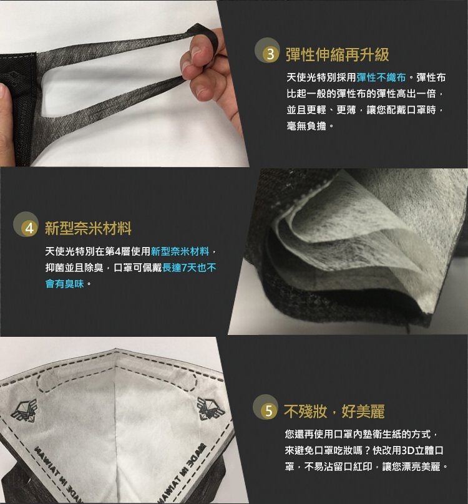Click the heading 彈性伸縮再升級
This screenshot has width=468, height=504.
(338, 54)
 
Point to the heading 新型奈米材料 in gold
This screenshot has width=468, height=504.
(88, 228)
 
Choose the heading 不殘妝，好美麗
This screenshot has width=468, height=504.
(334, 412)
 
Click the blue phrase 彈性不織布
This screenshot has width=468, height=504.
(381, 77)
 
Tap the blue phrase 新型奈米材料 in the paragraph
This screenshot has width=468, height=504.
(180, 251)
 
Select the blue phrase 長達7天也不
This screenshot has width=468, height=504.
(189, 268)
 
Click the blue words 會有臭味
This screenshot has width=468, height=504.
(65, 284)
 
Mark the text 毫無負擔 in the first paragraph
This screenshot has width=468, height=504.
(306, 126)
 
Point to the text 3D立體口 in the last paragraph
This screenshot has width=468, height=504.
(422, 450)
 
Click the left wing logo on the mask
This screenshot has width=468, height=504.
(24, 410)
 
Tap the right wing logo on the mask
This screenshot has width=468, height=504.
(211, 409)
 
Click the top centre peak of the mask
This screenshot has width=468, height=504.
(115, 349)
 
